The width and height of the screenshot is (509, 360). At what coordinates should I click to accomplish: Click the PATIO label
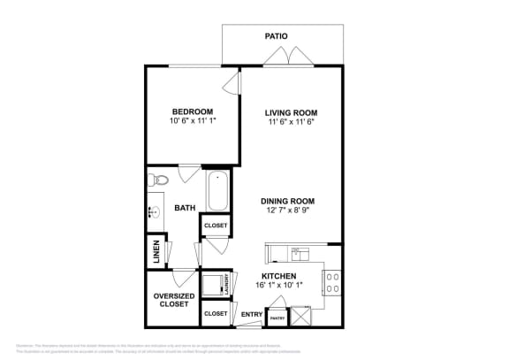tap(277, 36)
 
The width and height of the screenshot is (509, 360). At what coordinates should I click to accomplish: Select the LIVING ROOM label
tap(291, 112)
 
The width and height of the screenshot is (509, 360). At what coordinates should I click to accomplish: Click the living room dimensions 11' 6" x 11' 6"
tap(291, 123)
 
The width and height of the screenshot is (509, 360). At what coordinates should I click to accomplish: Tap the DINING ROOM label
tap(287, 201)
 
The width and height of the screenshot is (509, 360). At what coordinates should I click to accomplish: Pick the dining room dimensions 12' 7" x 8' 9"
tap(287, 211)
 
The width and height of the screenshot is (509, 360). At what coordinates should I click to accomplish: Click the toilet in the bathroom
tap(156, 180)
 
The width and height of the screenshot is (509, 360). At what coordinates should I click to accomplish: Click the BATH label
tap(185, 209)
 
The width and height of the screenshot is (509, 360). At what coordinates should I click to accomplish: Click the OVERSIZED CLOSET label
tap(173, 300)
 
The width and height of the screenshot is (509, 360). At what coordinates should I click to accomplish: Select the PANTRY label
tap(277, 318)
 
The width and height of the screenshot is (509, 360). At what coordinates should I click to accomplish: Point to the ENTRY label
tap(252, 314)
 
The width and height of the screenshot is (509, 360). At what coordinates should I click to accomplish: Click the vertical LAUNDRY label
tap(227, 285)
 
